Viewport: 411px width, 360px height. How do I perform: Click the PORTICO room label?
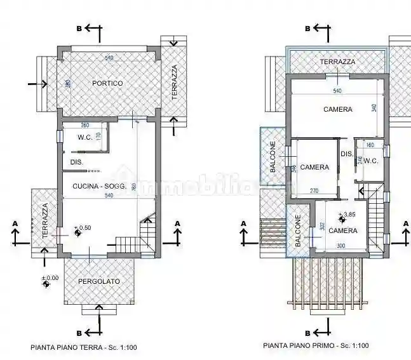107,83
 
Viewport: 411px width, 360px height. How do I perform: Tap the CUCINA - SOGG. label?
103,185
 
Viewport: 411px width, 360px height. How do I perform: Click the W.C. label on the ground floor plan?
86,137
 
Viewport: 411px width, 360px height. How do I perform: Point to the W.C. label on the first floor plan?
371,161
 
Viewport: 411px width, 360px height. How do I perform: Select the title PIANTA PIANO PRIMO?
316,346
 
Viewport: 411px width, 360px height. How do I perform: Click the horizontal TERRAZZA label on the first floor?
337,62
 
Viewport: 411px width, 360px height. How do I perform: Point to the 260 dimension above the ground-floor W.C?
85,125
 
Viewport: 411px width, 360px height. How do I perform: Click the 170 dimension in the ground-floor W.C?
98,137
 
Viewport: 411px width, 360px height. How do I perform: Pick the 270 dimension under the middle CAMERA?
314,190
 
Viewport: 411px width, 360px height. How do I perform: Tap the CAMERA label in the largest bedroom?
337,109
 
